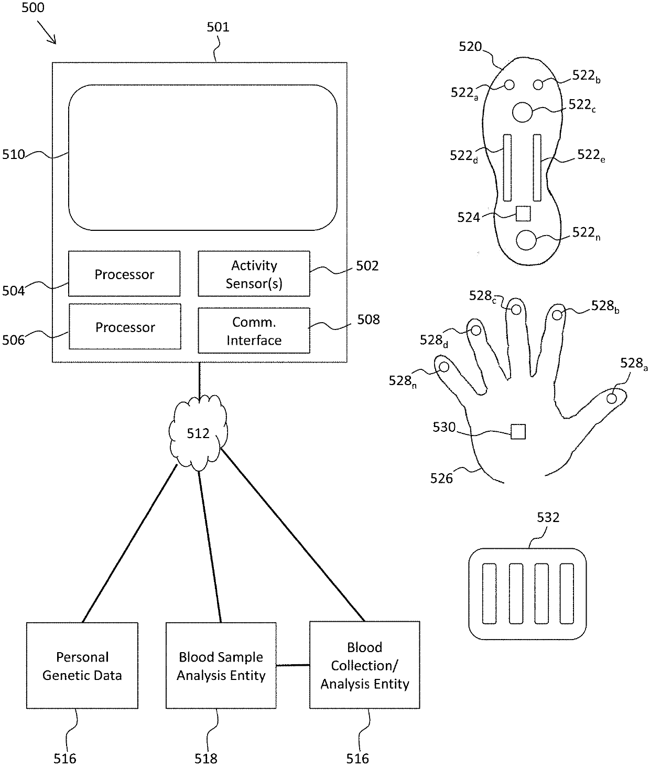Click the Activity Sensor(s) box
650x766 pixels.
point(254,273)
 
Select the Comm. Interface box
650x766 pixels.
point(254,330)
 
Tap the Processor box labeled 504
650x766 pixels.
point(124,273)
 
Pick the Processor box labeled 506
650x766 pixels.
point(125,326)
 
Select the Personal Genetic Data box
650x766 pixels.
point(82,665)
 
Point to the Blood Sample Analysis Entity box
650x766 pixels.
point(221,665)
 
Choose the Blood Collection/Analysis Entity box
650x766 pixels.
point(364,665)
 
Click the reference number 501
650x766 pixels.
point(218,27)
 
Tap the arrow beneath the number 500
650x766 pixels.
point(47,33)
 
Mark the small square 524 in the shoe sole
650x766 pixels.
point(523,214)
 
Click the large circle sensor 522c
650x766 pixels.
point(522,112)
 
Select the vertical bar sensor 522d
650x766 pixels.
point(507,167)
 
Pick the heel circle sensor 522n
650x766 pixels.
point(526,240)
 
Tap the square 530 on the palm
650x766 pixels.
point(518,431)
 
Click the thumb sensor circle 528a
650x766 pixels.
point(612,399)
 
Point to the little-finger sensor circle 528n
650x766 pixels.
point(443,367)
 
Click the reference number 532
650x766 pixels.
point(548,517)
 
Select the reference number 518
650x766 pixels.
point(206,759)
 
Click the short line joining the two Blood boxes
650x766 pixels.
point(293,665)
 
